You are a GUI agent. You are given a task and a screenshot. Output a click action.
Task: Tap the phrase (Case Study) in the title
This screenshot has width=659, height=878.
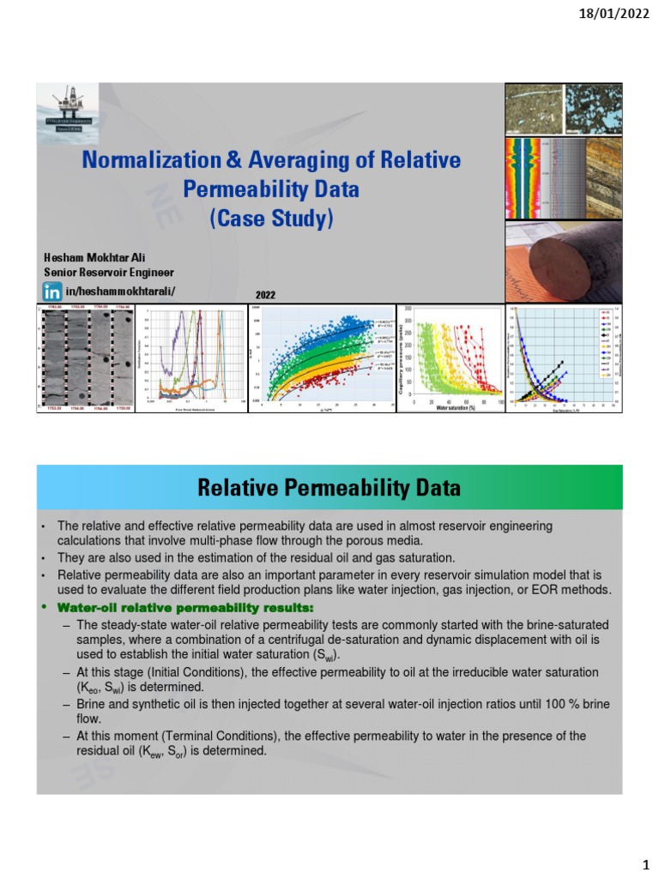coord(270,218)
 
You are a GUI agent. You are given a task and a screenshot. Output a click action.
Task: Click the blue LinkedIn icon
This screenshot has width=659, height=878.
coord(53,292)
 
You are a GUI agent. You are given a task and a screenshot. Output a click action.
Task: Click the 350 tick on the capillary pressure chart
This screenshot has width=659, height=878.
coord(408,308)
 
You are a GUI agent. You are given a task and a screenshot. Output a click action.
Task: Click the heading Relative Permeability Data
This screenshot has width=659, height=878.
coord(329,489)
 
